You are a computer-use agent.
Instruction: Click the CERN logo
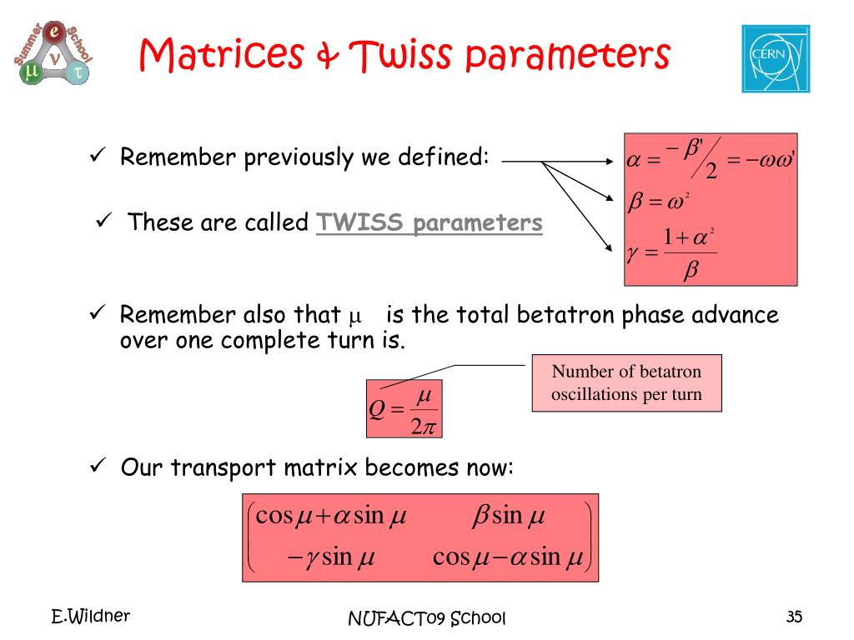point(776,59)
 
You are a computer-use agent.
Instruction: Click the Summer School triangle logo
point(53,52)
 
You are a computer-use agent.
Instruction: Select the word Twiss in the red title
point(400,54)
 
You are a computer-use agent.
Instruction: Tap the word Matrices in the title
point(221,54)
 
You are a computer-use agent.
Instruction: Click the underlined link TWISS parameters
point(430,222)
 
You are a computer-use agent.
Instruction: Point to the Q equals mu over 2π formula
point(404,409)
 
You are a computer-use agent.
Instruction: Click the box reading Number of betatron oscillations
point(626,382)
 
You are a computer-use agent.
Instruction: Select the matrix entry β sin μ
point(508,515)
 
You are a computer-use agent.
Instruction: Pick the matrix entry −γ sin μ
point(330,557)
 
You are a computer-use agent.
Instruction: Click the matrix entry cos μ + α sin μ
point(330,515)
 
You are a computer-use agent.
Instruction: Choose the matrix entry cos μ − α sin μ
point(508,557)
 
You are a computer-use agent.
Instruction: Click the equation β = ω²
point(659,202)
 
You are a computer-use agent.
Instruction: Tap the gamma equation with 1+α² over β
point(671,253)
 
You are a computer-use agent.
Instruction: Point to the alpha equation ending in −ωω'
point(711,159)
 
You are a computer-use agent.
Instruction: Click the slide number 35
point(794,617)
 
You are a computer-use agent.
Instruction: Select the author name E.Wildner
point(90,616)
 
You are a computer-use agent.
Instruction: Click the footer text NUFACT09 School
point(427,618)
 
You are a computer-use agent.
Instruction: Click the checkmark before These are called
point(103,220)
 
